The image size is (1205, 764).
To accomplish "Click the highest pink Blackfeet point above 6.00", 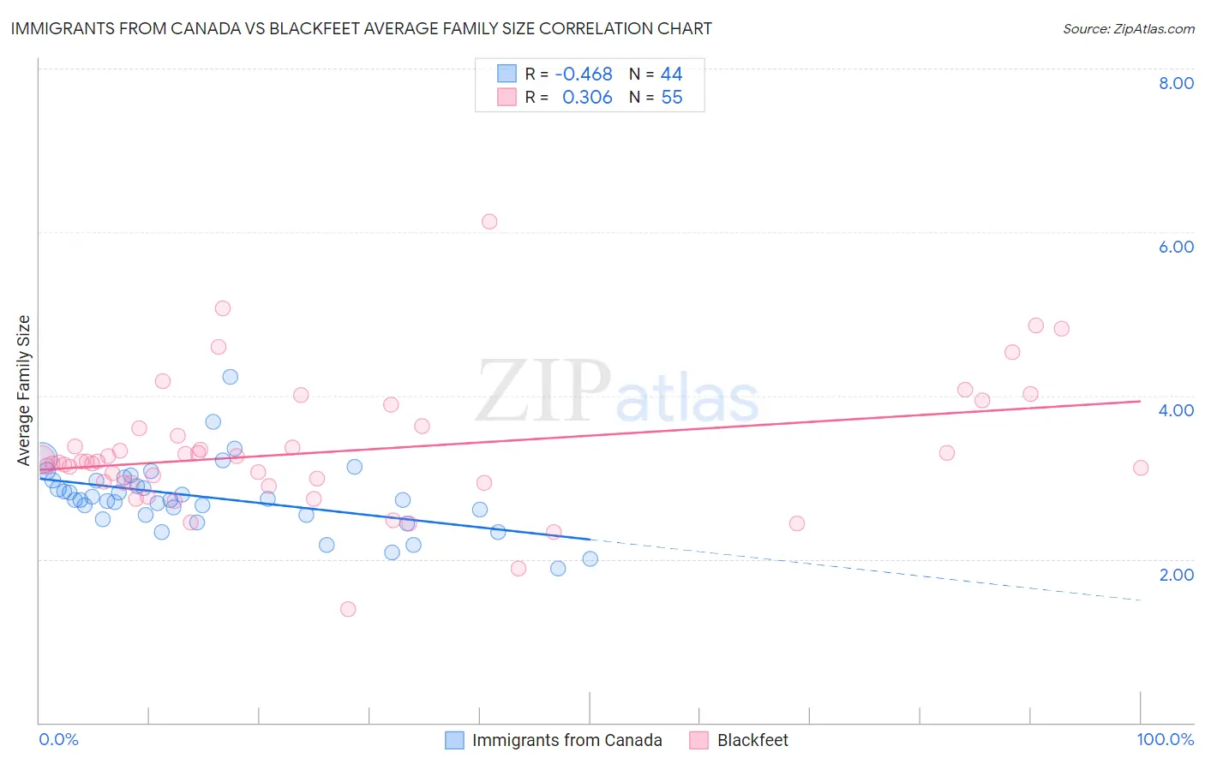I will (x=489, y=222).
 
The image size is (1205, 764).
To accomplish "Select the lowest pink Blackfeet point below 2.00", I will (x=348, y=609).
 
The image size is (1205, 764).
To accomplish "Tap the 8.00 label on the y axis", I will (x=1176, y=83).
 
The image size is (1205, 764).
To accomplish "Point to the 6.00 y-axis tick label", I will (x=1176, y=247).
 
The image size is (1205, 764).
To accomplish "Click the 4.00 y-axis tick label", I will (x=1176, y=410).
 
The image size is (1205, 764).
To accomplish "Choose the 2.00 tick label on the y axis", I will (x=1176, y=575).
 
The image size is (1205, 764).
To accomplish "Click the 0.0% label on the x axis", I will (x=59, y=739).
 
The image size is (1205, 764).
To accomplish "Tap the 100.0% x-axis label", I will (x=1165, y=739).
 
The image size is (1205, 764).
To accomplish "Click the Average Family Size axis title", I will (x=24, y=391).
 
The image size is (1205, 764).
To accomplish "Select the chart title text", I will (x=361, y=28).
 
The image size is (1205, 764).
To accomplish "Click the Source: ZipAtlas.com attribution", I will (x=1128, y=28).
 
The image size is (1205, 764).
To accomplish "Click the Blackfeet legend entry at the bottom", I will (x=752, y=740).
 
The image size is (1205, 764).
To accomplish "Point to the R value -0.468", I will (x=584, y=75).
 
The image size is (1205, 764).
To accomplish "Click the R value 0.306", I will (x=587, y=98).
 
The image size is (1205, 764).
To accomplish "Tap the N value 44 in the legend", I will (x=671, y=75).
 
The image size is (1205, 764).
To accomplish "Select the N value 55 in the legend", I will (x=672, y=98).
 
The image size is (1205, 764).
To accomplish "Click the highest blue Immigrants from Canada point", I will (x=230, y=377).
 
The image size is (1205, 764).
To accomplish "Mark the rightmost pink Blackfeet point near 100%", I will (x=1140, y=468).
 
